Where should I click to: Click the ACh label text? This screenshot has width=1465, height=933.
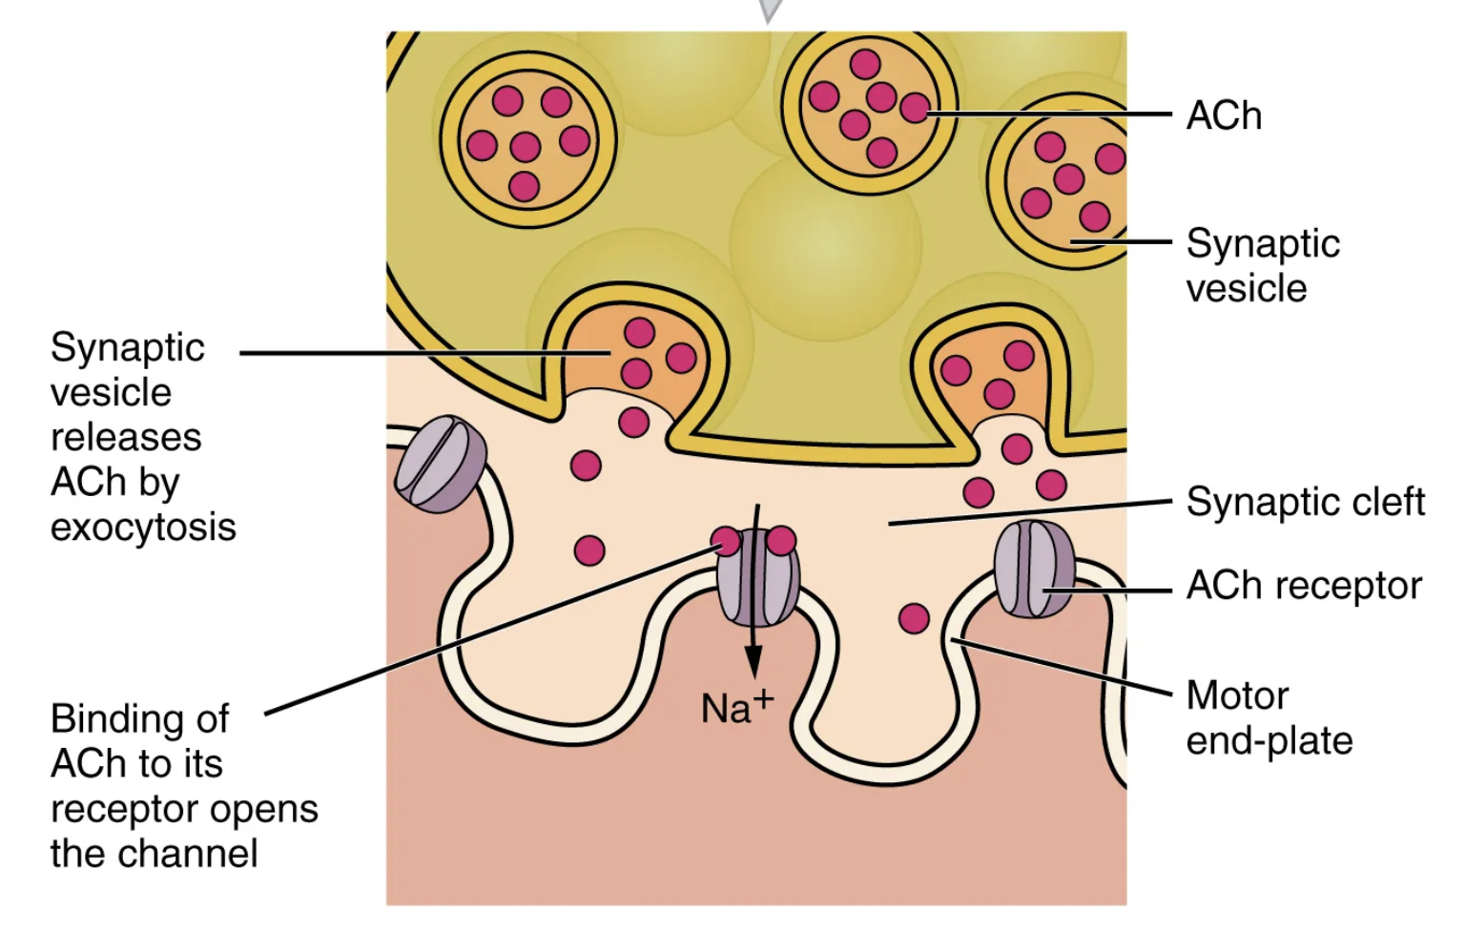pos(1224,115)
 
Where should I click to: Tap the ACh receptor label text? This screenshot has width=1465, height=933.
pos(1304,585)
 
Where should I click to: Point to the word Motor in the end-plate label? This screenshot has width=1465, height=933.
pos(1237,695)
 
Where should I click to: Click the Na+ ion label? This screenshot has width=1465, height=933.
pos(736,708)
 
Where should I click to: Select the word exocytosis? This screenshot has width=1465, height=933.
pos(143,527)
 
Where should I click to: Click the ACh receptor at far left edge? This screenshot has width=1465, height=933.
pos(440,464)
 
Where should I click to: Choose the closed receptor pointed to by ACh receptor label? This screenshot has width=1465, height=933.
pos(1033,569)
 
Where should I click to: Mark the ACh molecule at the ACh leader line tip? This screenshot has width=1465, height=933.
pos(915,110)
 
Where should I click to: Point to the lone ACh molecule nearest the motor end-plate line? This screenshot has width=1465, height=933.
pos(914,618)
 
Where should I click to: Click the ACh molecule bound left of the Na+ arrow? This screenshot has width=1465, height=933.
pos(727,542)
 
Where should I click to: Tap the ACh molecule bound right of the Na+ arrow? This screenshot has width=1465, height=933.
pos(781,541)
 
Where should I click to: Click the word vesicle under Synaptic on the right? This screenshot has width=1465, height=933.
pos(1246,288)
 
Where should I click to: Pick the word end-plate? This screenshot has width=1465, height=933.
pos(1269,740)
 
